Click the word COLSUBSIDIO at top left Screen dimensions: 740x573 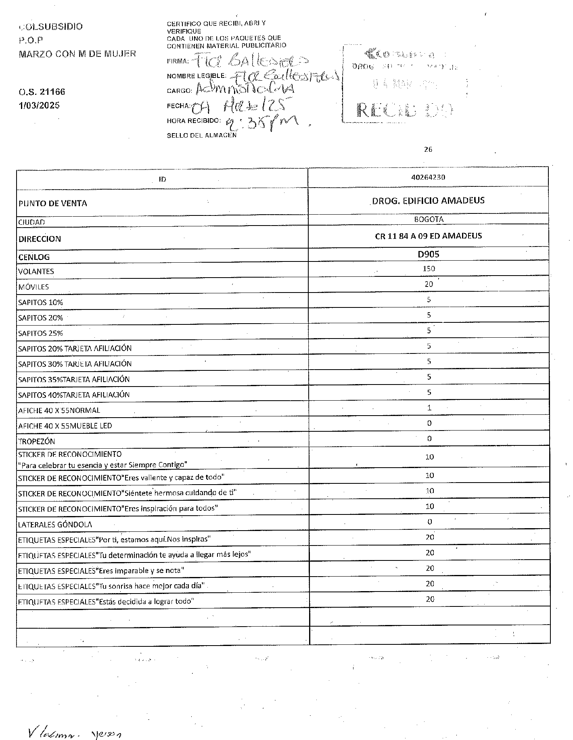coord(51,27)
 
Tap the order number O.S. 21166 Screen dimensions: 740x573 coord(42,92)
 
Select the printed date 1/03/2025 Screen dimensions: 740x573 coord(39,105)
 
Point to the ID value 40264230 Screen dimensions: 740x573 coord(428,177)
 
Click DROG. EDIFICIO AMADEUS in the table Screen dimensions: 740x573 coord(428,201)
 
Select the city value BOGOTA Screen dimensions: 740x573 coord(429,219)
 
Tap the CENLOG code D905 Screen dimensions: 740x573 coord(429,254)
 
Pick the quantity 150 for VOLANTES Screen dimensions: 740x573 coord(429,269)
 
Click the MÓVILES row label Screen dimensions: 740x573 coord(33,287)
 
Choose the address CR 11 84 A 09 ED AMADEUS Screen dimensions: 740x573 coord(429,236)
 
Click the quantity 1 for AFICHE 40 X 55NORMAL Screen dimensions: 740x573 coord(429,408)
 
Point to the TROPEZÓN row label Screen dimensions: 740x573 coord(36,441)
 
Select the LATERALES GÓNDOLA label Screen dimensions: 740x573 coord(55,525)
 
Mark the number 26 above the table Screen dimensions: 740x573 coord(428,149)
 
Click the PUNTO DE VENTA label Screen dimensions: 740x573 coord(53,203)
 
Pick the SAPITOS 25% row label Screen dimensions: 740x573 coord(40,334)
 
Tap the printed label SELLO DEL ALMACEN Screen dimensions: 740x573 coord(202,136)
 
